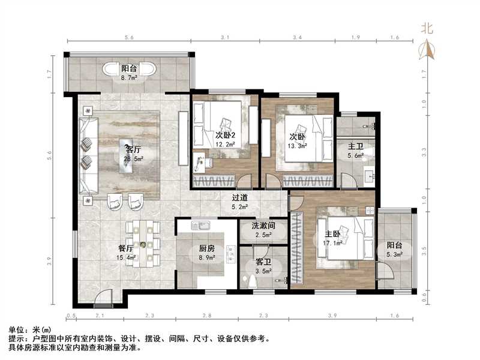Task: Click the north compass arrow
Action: click(x=428, y=50)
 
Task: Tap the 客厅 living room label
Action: click(x=134, y=149)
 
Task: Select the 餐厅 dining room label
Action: click(x=126, y=248)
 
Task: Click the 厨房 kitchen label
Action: click(x=207, y=248)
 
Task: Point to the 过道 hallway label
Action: click(x=239, y=198)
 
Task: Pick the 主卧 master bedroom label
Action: click(x=332, y=234)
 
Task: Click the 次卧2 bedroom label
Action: click(x=226, y=135)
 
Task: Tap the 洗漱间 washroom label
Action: click(x=263, y=226)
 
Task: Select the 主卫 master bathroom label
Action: click(x=355, y=146)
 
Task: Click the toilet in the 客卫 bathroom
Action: click(x=252, y=280)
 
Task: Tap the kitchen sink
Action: click(x=200, y=226)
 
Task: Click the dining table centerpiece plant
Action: click(x=143, y=244)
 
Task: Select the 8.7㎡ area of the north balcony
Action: click(x=129, y=78)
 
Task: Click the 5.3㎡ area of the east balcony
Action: click(x=394, y=254)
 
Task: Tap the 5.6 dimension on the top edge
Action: click(x=129, y=37)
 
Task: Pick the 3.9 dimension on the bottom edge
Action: click(x=332, y=316)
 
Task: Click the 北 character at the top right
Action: click(x=427, y=29)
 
